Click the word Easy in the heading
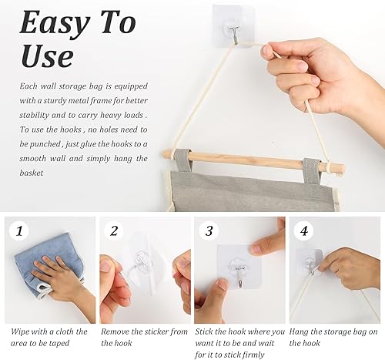pyautogui.click(x=55, y=24)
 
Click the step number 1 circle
pyautogui.click(x=19, y=230)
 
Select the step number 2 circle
pyautogui.click(x=114, y=230)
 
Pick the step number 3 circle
pyautogui.click(x=209, y=230)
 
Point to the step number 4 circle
pyautogui.click(x=304, y=230)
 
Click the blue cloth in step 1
pyautogui.click(x=49, y=264)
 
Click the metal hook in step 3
pyautogui.click(x=239, y=278)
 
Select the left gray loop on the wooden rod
pyautogui.click(x=182, y=160)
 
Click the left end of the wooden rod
pyautogui.click(x=163, y=153)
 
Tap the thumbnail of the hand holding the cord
pyautogui.click(x=335, y=270)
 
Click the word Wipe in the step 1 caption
pyautogui.click(x=20, y=331)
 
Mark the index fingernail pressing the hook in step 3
pyautogui.click(x=256, y=249)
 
